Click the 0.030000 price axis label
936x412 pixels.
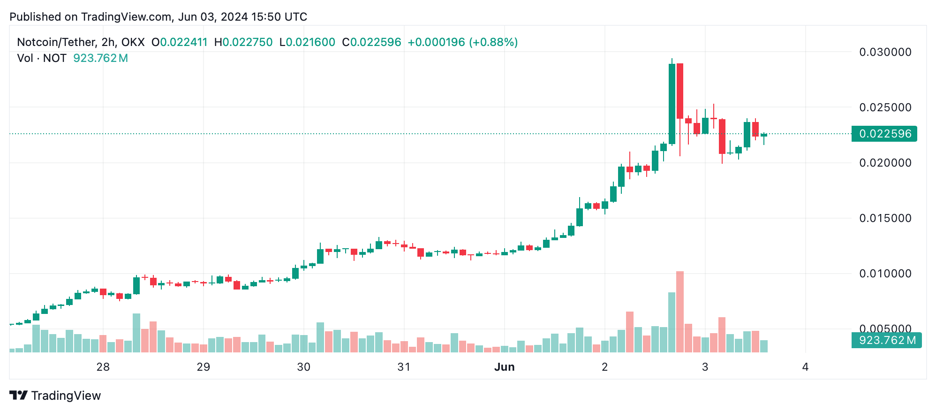(885, 52)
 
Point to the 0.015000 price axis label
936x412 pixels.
(885, 218)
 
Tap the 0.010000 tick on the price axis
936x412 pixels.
(885, 274)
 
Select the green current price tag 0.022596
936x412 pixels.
(884, 134)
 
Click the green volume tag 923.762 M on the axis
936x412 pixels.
(886, 340)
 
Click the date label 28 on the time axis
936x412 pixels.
(103, 367)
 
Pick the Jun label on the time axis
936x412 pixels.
(504, 367)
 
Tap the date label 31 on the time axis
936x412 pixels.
(404, 367)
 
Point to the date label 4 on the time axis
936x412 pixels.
(805, 367)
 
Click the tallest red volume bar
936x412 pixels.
(680, 312)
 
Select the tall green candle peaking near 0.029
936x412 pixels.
(672, 103)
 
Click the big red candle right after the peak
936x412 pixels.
(680, 91)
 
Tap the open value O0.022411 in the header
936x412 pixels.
(179, 42)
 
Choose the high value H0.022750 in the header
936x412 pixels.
(243, 42)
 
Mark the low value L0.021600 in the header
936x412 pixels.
(307, 42)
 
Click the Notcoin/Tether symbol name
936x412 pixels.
(56, 42)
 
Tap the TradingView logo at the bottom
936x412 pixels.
(55, 396)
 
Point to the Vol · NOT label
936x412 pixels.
(41, 58)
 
